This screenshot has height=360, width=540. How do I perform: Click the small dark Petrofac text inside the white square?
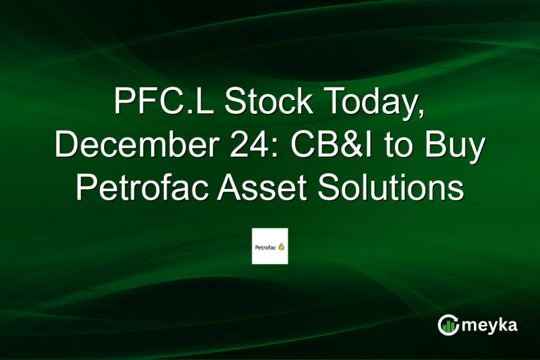(x=265, y=247)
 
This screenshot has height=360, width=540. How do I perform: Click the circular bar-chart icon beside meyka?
(x=448, y=324)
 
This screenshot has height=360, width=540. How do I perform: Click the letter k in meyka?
(x=503, y=323)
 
